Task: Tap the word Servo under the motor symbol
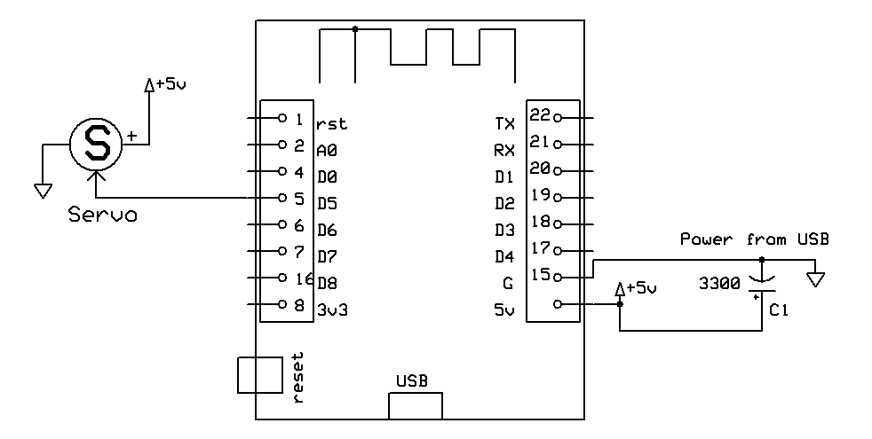(103, 216)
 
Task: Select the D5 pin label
(327, 203)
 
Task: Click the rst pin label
(330, 124)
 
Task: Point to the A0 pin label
(327, 151)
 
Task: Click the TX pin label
(503, 123)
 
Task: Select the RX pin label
(503, 150)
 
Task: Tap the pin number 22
(540, 114)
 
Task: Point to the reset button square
(259, 374)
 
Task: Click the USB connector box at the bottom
(415, 404)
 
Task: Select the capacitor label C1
(779, 312)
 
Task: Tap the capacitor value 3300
(719, 285)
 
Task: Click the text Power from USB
(754, 239)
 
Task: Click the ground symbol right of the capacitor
(814, 279)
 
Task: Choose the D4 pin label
(503, 257)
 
